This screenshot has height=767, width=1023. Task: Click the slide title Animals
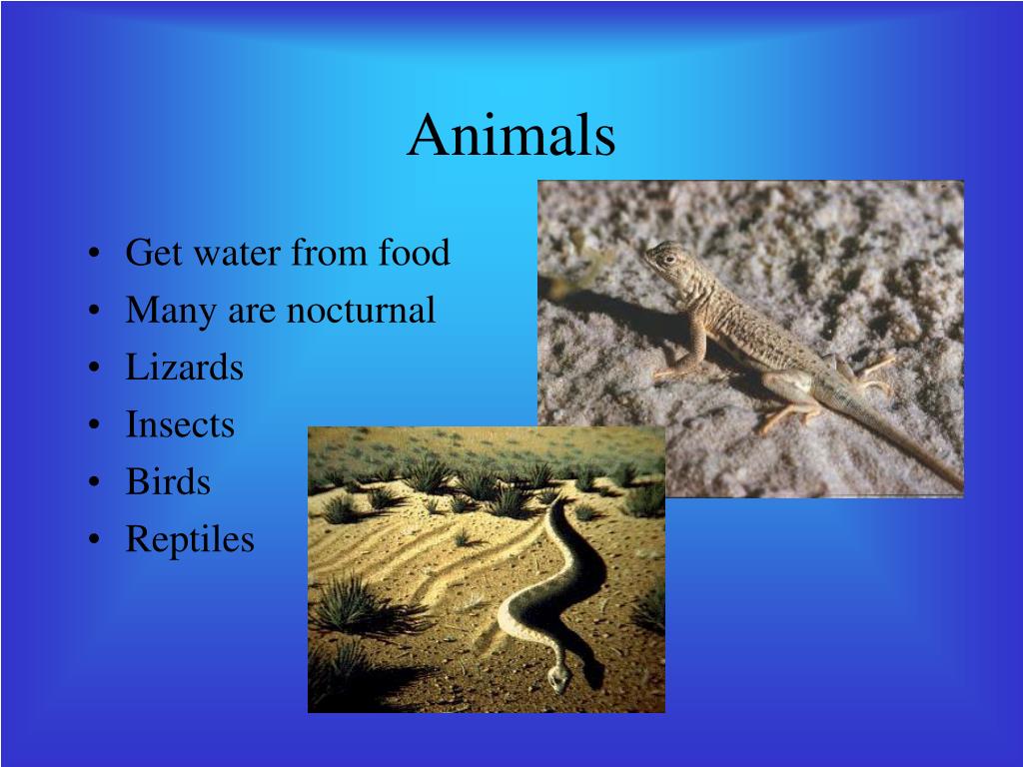(x=511, y=136)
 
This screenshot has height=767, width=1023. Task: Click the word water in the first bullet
(x=235, y=254)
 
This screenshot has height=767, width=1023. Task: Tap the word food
(x=413, y=253)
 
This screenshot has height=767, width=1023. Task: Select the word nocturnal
(x=361, y=311)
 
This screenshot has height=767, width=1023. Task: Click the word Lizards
(x=184, y=368)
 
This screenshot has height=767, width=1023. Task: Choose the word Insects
(x=180, y=425)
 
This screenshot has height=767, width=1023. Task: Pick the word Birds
(x=168, y=482)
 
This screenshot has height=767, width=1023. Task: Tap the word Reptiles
(x=190, y=540)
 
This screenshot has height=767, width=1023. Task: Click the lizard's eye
(x=667, y=258)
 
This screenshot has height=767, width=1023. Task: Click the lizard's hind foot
(x=774, y=420)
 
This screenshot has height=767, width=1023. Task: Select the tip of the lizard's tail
(x=957, y=486)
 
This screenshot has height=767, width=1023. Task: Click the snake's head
(x=558, y=679)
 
